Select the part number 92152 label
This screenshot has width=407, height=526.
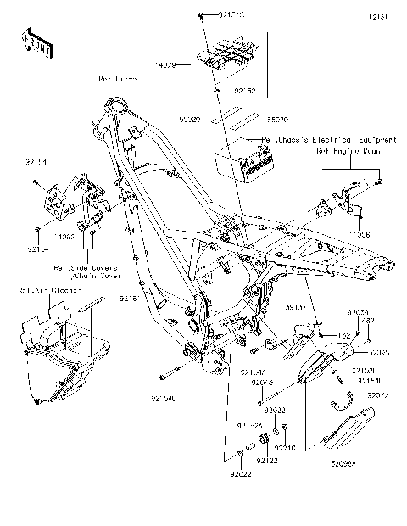pos(220,87)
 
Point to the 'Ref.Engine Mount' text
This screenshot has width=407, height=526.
pos(350,151)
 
